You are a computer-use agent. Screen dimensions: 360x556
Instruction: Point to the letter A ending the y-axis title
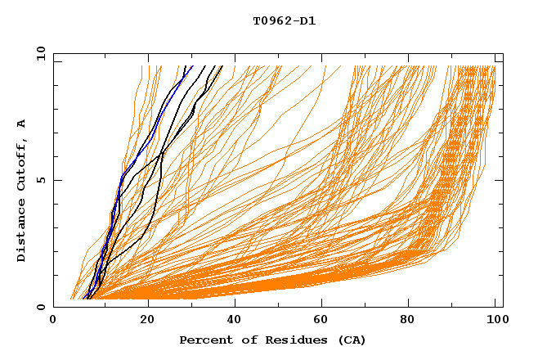[x=21, y=123]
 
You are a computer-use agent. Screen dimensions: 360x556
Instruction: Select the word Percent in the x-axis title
[x=204, y=340]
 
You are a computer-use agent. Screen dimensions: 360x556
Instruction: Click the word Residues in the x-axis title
[x=287, y=340]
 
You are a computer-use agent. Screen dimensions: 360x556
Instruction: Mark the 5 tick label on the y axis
[x=40, y=180]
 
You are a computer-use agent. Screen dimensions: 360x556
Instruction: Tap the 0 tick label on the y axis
[x=40, y=307]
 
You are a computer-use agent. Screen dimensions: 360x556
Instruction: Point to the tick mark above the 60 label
[x=325, y=304]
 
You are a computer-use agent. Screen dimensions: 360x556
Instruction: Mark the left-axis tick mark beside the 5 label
[x=56, y=180]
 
